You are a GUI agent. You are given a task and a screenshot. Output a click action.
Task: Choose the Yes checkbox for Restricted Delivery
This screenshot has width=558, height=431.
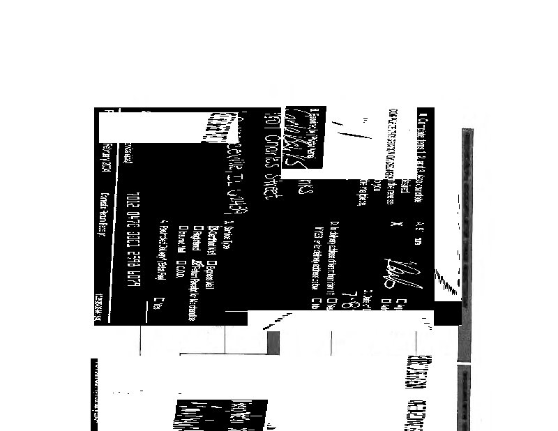click(162, 299)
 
